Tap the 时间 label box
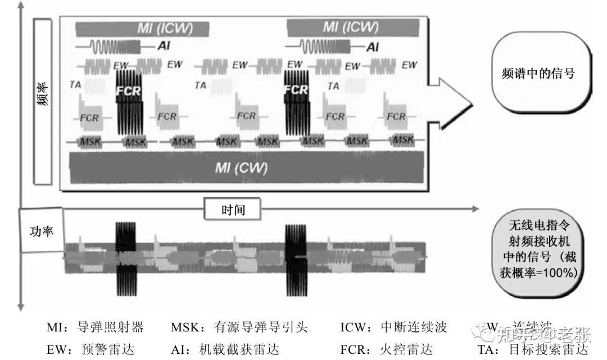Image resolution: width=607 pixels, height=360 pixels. coord(232,209)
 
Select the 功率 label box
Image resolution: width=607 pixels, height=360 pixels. coord(40,230)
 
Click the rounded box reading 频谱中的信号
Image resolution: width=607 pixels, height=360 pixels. coord(538,74)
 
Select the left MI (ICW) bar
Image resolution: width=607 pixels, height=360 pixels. coord(142,29)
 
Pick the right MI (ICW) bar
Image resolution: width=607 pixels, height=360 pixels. coord(352,27)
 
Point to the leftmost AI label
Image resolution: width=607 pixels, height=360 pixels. coord(164,46)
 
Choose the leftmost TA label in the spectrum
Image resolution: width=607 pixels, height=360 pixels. coord(75,84)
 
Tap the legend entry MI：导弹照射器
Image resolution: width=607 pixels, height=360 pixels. coord(95,327)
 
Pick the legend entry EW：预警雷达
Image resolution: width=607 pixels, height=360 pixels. coord(90,349)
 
